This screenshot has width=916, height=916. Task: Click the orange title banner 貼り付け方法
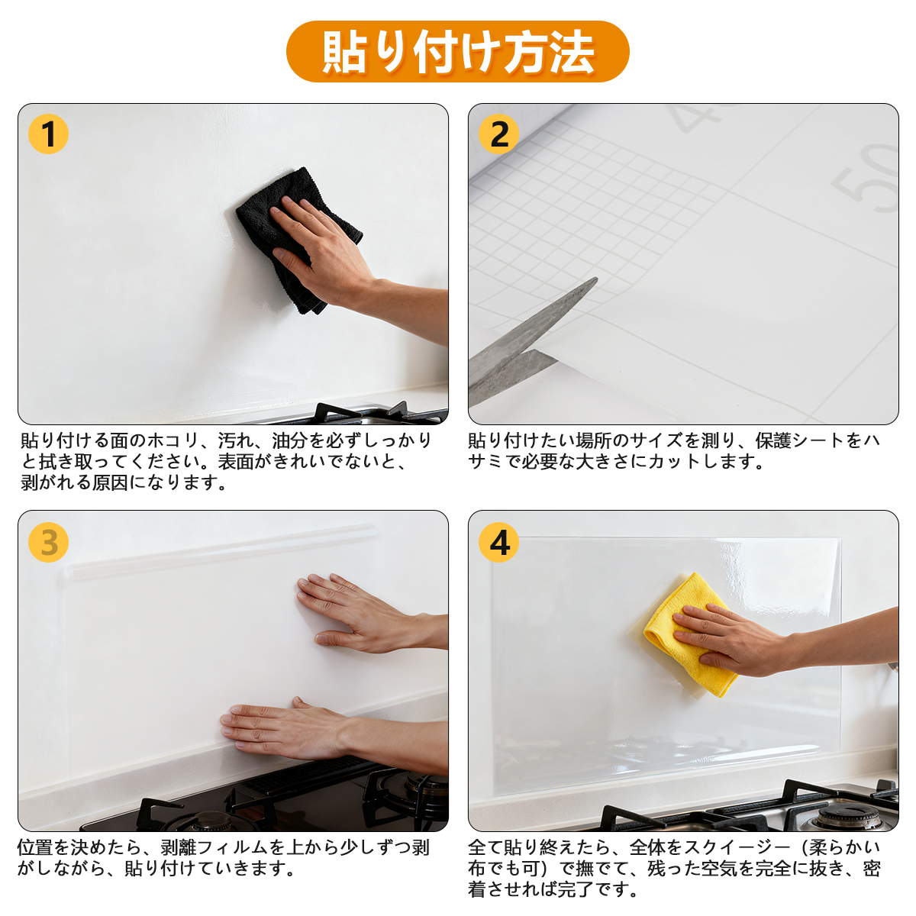(x=457, y=51)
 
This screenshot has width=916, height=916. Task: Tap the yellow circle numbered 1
(x=49, y=134)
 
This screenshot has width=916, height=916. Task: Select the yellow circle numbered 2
(x=498, y=134)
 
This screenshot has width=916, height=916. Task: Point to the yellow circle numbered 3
(x=49, y=543)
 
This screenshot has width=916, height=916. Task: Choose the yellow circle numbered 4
(x=498, y=543)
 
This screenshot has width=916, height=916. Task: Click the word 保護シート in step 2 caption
(x=799, y=440)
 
